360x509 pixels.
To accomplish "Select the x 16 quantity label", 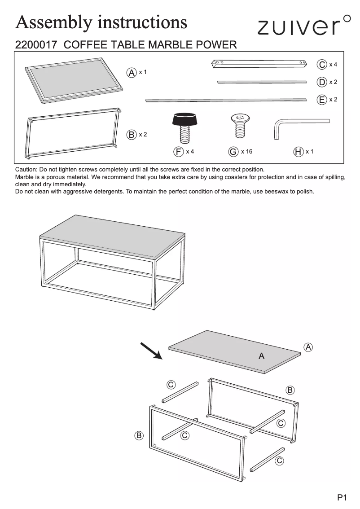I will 246,152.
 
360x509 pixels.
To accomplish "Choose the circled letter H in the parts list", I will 298,152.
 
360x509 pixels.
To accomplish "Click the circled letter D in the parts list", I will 321,82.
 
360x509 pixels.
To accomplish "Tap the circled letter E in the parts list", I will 321,100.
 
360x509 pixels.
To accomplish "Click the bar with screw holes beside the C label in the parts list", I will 259,64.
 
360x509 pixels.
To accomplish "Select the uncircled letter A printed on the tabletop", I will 261,356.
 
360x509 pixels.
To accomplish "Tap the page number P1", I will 342,497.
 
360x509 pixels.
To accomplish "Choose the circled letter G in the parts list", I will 233,152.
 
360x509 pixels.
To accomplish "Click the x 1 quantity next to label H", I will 309,152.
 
